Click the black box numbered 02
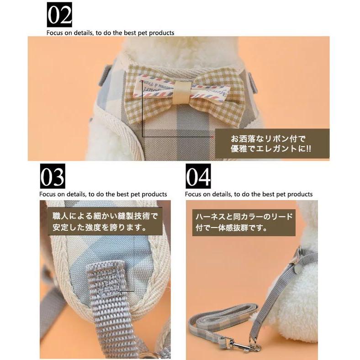click(x=59, y=15)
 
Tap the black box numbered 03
click(x=53, y=176)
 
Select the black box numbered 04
click(x=198, y=176)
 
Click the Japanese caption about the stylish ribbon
click(x=271, y=144)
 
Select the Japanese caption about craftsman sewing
click(x=105, y=222)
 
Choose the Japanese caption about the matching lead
click(x=244, y=222)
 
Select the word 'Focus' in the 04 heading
click(x=193, y=195)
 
